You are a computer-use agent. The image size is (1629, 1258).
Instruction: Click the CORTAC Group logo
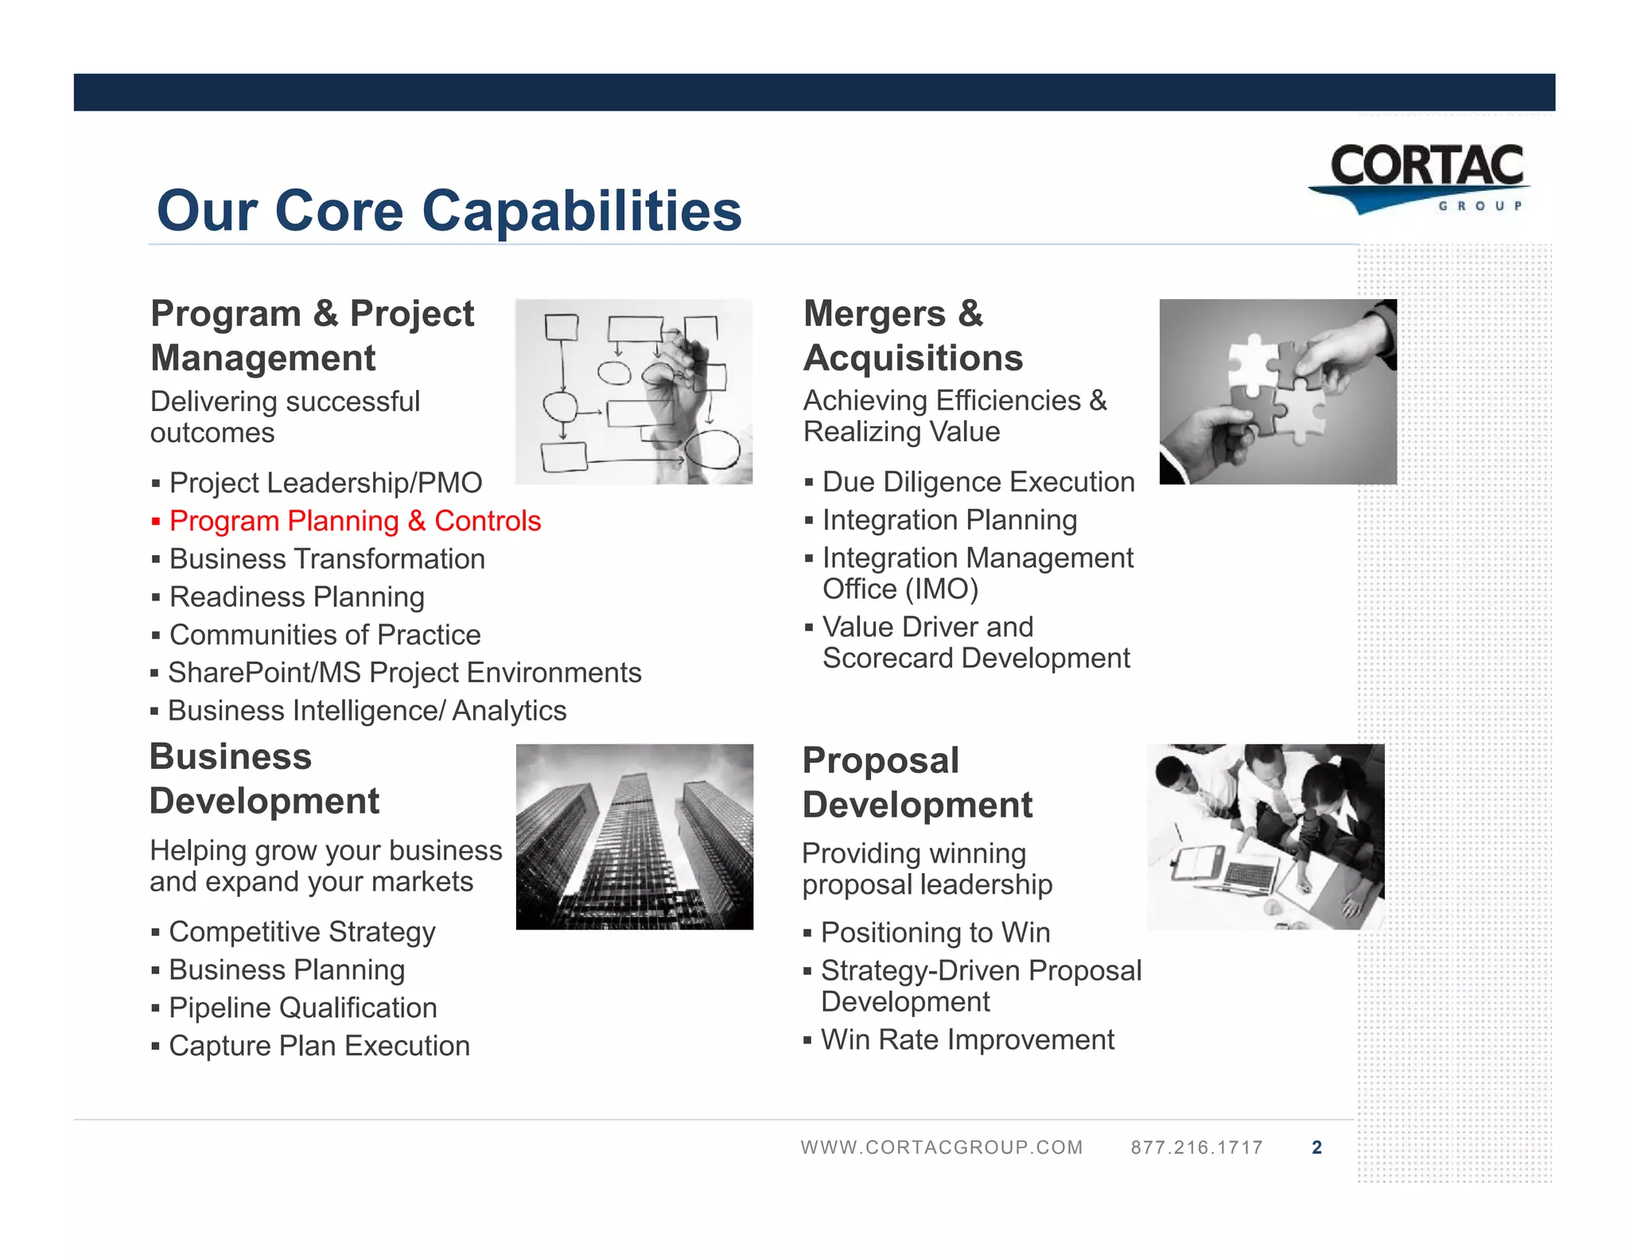coord(1421,178)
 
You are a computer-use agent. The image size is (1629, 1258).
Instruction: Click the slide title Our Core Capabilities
coord(449,211)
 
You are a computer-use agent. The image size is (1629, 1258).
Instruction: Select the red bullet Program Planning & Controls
coord(355,521)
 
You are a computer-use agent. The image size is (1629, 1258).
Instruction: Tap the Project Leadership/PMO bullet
coord(325,483)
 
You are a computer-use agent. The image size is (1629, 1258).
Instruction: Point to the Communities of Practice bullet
coord(325,635)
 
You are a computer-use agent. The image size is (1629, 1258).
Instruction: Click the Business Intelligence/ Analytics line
coord(367,710)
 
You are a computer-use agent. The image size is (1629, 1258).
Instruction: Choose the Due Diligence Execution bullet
coord(978,482)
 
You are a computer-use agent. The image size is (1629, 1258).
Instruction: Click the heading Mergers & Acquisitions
coord(912,336)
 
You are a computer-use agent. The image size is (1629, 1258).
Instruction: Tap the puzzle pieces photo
coord(1277,391)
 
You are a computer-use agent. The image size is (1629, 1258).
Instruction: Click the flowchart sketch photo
coord(633,391)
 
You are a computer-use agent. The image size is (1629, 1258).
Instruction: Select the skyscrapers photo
coord(634,837)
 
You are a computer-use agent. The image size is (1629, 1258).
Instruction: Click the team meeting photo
coord(1265,837)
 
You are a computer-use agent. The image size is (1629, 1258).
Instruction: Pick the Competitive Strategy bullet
coord(301,931)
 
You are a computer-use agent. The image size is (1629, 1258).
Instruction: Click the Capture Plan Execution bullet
coord(319,1046)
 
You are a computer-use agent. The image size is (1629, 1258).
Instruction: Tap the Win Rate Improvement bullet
coord(967,1039)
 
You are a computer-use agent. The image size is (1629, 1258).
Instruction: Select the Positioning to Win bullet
coord(935,932)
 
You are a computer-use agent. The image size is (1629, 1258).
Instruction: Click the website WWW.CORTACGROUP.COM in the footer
coord(942,1147)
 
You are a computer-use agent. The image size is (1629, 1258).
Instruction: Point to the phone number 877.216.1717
coord(1196,1147)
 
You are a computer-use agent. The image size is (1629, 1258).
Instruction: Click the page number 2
coord(1316,1147)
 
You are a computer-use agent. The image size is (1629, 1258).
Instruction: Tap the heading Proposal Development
coord(916,782)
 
